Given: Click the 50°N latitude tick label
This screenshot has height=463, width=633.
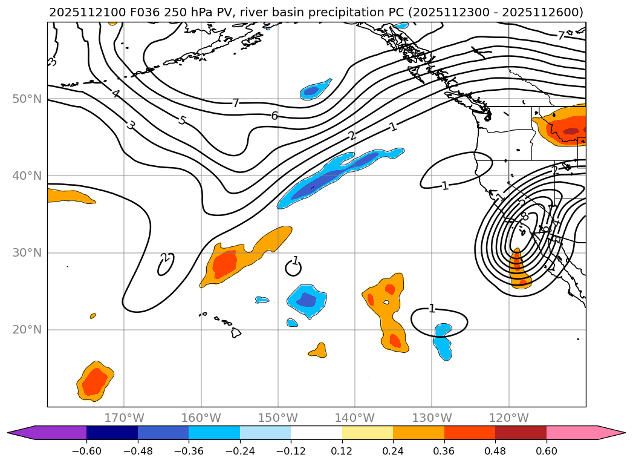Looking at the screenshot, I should (27, 99).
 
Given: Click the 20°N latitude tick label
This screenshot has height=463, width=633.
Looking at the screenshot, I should (27, 330).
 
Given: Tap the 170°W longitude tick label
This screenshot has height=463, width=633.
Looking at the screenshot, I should (124, 418).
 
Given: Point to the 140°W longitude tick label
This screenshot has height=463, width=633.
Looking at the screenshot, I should (355, 418).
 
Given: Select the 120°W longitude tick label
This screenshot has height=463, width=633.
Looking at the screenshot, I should (508, 418).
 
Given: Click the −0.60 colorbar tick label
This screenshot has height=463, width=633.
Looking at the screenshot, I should (86, 450).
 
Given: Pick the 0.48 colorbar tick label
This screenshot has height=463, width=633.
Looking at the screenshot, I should (495, 450).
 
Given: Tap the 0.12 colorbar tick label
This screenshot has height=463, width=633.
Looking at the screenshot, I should (342, 450).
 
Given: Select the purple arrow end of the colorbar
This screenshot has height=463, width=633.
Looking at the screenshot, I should (21, 432).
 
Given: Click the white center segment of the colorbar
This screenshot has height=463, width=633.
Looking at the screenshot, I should (316, 432).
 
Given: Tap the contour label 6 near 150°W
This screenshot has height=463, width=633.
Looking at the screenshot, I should (274, 116).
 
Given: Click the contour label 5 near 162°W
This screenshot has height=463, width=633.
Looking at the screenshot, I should (182, 120).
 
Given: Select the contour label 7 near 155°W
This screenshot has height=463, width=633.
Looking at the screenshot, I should (236, 103).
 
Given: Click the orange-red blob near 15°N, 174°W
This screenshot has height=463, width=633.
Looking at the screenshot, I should (94, 381).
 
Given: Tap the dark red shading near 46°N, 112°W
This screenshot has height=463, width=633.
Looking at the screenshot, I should (571, 131).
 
